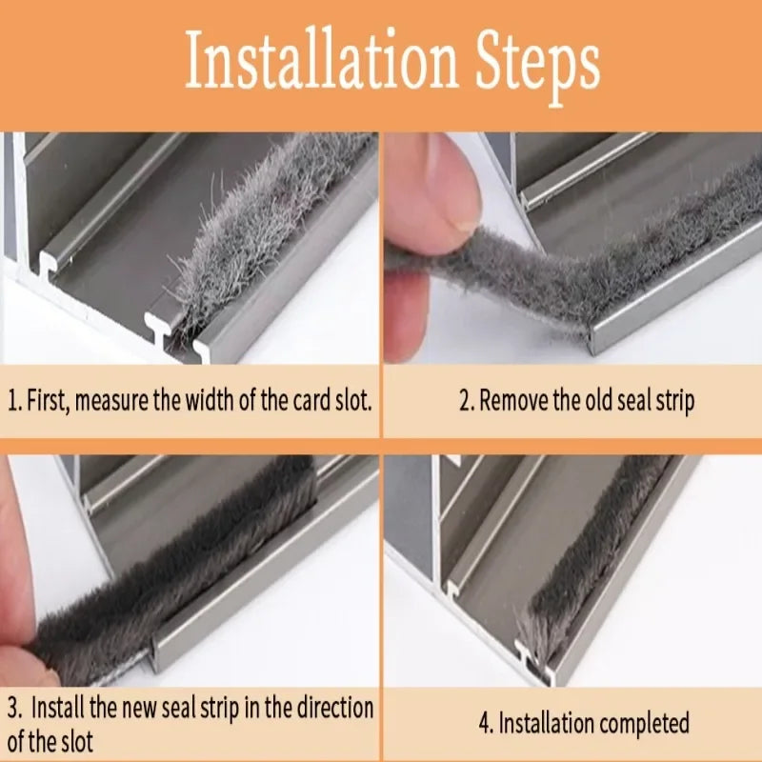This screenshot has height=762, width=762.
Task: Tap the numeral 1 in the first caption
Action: (x=11, y=400)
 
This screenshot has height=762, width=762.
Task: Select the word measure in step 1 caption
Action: (x=111, y=400)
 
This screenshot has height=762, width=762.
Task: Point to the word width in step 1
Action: (x=212, y=400)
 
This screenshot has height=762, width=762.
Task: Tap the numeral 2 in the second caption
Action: (x=465, y=400)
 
